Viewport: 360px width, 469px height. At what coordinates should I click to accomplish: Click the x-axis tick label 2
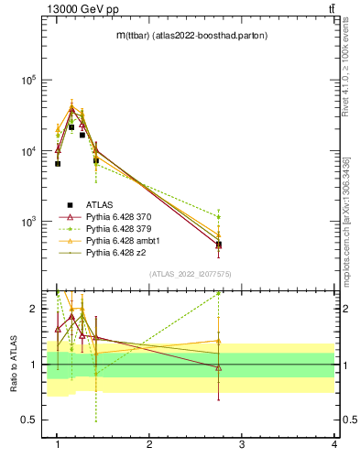[x=149, y=444]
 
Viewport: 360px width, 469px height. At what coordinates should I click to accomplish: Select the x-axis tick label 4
[x=334, y=444]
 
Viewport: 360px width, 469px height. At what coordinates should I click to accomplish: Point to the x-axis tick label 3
[x=242, y=444]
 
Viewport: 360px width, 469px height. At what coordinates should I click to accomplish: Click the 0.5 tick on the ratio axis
[x=33, y=420]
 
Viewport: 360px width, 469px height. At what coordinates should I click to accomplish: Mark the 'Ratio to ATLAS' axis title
[x=11, y=364]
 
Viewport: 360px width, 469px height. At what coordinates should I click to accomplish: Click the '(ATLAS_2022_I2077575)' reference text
[x=190, y=274]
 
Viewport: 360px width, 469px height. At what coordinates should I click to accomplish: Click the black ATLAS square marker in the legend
[x=70, y=204]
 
